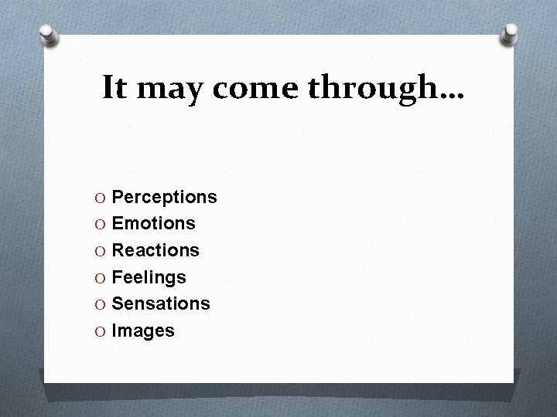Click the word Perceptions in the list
[164, 198]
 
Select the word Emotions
[153, 224]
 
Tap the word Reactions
[155, 250]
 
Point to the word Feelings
[149, 277]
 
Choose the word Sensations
[160, 303]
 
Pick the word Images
[143, 331]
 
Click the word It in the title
[114, 88]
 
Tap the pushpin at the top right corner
[509, 33]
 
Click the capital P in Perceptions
[118, 198]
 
